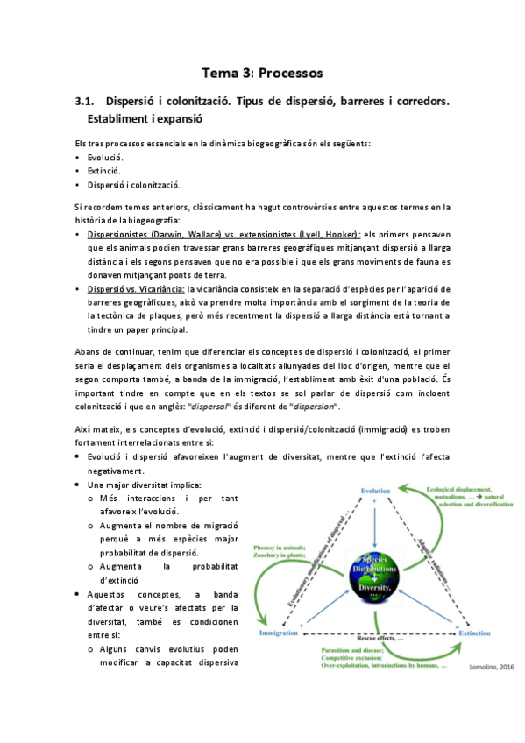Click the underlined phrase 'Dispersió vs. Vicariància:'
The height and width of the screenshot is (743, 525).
coord(135,288)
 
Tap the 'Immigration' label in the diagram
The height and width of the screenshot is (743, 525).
coord(278,632)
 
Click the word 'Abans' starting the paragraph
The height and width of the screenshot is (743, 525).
coord(87,352)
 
